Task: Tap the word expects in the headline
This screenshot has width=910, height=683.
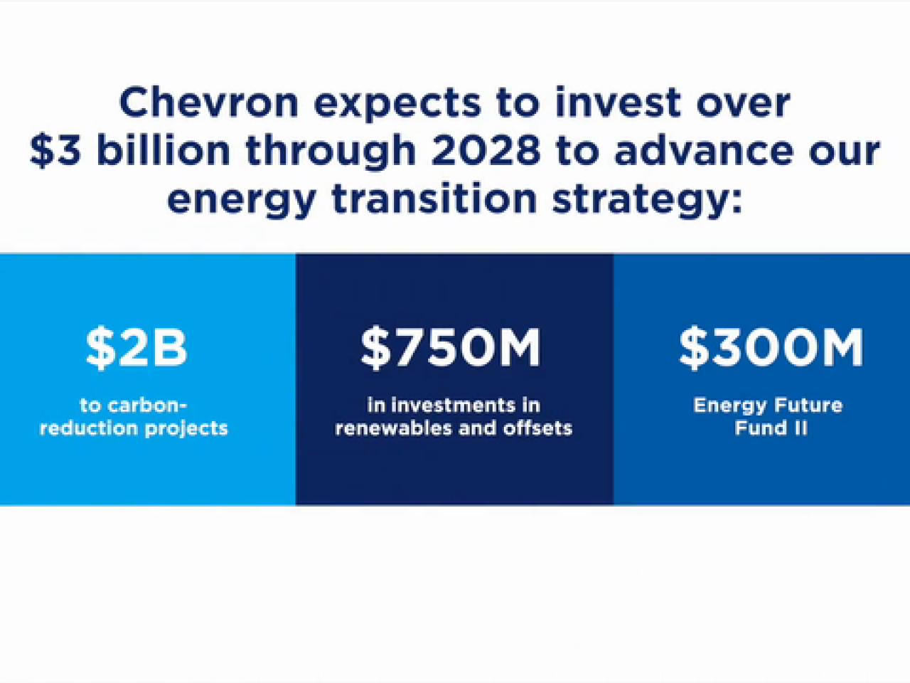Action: (397, 105)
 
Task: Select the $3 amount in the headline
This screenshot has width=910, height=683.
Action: (55, 150)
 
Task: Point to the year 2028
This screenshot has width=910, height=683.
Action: (486, 149)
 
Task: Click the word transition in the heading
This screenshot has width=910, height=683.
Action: (434, 197)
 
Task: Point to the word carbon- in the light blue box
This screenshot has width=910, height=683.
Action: (147, 405)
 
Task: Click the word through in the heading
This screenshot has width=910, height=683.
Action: (331, 150)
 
